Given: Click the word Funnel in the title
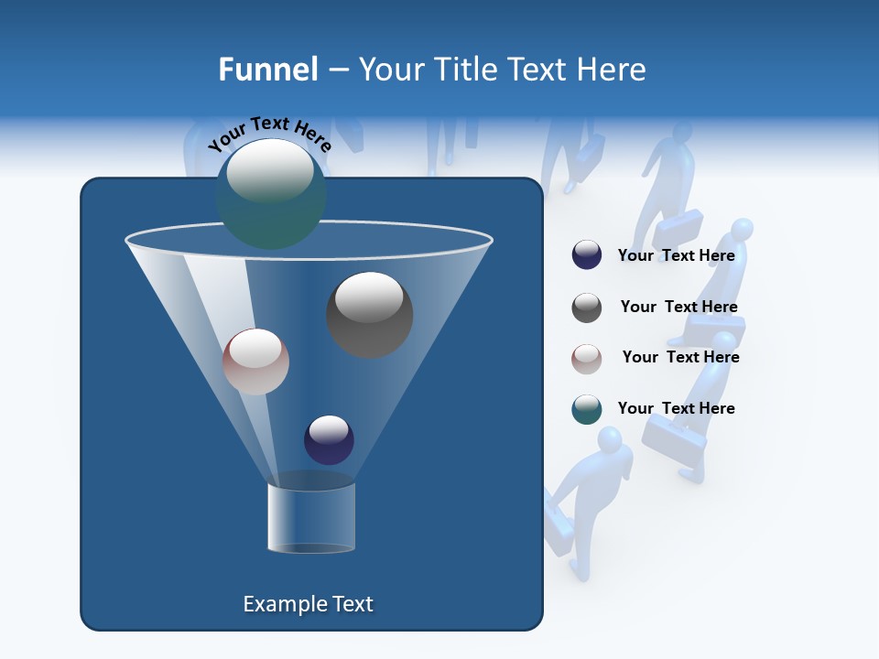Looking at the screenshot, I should coord(268,70).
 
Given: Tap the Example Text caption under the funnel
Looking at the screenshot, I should coord(308,604).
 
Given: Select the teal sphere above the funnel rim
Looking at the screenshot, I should coord(270,194).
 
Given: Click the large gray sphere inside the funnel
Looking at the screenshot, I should coord(370,314).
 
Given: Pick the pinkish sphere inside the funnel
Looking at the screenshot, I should coord(255,362).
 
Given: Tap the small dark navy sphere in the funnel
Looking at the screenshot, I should coord(329,439).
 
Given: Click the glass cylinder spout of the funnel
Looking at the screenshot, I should coord(311,517).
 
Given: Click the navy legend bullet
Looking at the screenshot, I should coord(587,255).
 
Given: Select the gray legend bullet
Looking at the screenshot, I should coord(587,308).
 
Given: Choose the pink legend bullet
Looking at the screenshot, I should coord(587,358).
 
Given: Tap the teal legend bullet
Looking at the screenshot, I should coord(587,409).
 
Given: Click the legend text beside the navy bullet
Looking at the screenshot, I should coord(677,255).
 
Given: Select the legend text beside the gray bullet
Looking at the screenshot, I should coord(678,307).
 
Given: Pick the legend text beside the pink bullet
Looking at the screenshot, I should coord(680,357).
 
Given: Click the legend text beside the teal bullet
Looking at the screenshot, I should coord(677,408).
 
